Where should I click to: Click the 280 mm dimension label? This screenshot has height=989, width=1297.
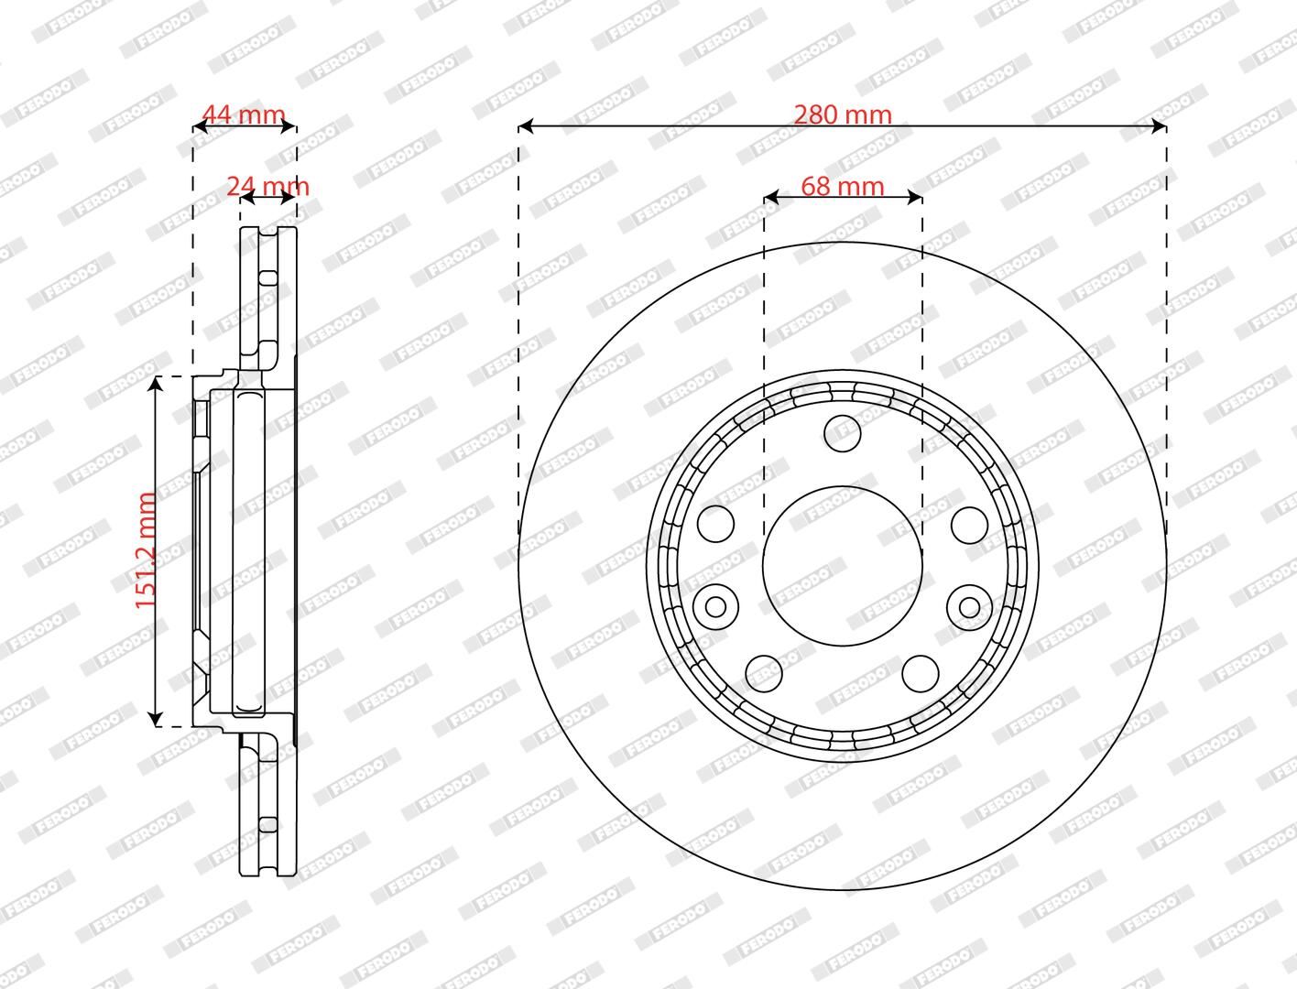tap(843, 114)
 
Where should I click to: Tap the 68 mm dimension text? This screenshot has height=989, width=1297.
tap(843, 187)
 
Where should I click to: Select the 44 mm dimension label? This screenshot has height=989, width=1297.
tap(244, 114)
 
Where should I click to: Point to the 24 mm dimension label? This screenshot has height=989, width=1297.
tap(268, 187)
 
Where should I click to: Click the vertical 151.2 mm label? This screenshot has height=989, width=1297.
tap(146, 550)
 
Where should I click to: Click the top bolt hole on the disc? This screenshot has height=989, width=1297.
tap(842, 433)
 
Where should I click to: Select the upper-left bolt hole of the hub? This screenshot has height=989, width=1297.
tap(715, 524)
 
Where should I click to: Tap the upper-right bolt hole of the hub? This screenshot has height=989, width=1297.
tap(970, 524)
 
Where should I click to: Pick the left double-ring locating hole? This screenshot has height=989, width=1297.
tap(715, 606)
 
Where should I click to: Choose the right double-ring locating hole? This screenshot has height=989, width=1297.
tap(970, 606)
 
